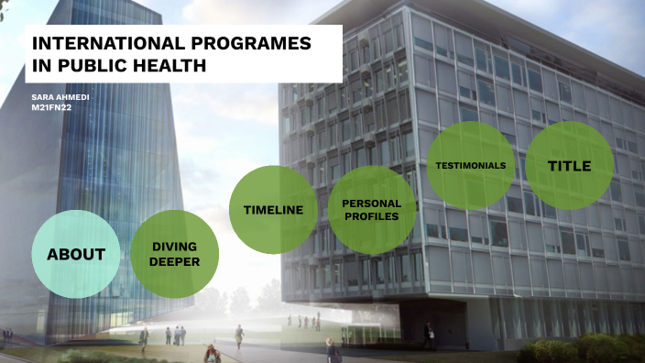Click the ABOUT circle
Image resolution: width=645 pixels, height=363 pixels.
[76, 254]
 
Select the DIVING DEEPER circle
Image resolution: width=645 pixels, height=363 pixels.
[175, 254]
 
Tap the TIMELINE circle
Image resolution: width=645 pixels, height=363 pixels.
[273, 210]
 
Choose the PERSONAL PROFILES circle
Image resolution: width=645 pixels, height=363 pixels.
[371, 210]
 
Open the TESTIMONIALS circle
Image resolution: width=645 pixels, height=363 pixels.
[470, 165]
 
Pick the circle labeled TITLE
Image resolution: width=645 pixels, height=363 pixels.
[569, 165]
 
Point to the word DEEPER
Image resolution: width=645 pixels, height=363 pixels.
[175, 261]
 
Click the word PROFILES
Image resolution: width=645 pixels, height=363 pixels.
[371, 217]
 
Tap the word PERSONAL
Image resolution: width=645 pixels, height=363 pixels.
[371, 203]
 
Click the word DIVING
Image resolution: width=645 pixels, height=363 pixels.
[175, 247]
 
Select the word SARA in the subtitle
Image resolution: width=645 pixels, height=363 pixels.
[41, 95]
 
